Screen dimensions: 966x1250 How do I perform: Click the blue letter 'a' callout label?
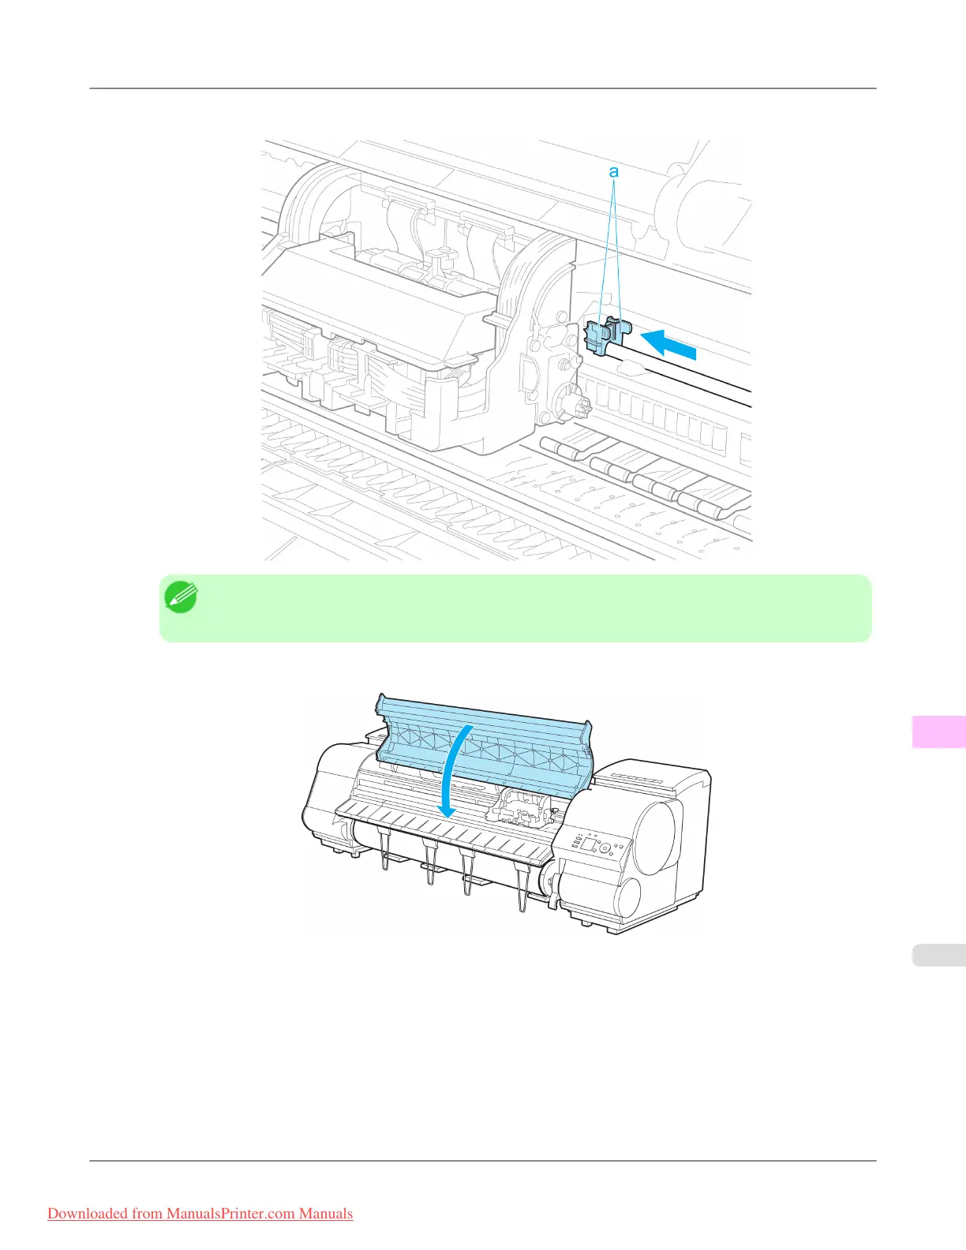coord(613,171)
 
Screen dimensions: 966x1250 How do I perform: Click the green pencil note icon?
coord(181,597)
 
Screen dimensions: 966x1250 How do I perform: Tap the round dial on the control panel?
coord(605,849)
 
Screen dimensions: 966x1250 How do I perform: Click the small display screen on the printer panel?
coord(588,844)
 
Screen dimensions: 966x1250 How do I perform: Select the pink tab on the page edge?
coord(938,732)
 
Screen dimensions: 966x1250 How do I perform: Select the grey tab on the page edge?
coord(938,955)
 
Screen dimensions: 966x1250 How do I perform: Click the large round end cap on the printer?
coord(654,836)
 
